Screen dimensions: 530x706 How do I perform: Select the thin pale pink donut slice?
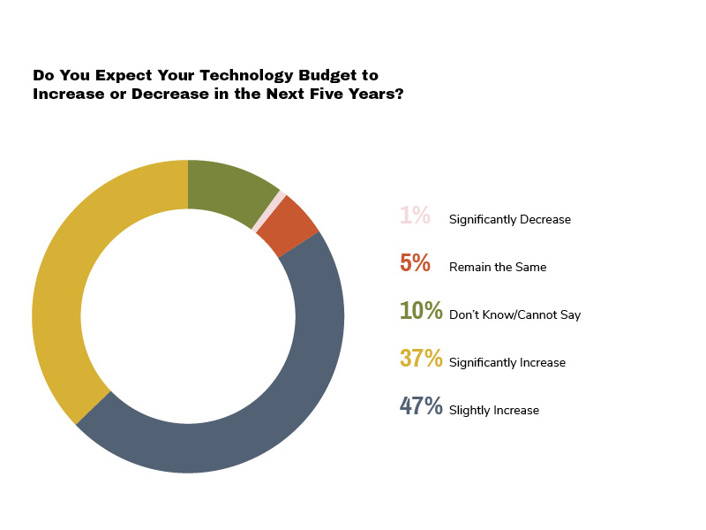tap(269, 211)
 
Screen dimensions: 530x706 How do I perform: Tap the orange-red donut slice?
tap(295, 226)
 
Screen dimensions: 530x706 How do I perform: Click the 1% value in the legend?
tap(414, 216)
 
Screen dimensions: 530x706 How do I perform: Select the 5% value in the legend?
tap(414, 263)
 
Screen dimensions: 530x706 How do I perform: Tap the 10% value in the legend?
tap(420, 311)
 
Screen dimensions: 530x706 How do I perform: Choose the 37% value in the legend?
tap(420, 359)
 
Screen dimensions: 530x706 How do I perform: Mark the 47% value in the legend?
tap(420, 406)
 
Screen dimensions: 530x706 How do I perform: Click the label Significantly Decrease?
tap(509, 219)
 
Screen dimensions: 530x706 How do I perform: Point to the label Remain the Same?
tap(498, 267)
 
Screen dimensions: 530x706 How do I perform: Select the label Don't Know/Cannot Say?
tap(514, 314)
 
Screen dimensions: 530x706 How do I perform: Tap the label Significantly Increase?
tap(507, 362)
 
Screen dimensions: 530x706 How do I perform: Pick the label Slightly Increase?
tap(493, 410)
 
